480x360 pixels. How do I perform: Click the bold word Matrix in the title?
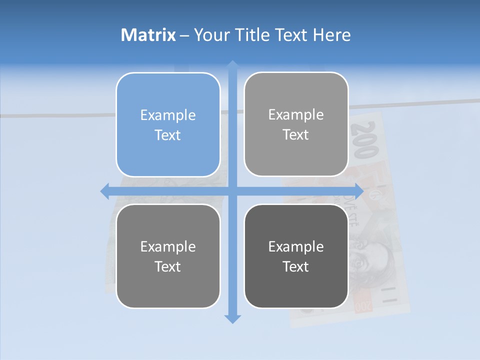pyautogui.click(x=148, y=35)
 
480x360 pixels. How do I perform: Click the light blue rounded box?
pyautogui.click(x=168, y=124)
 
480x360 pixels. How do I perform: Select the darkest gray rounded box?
pyautogui.click(x=296, y=256)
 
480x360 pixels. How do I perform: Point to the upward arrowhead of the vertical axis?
pyautogui.click(x=232, y=65)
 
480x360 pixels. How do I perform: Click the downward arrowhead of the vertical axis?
pyautogui.click(x=232, y=318)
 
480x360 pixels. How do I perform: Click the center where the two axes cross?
pyautogui.click(x=232, y=191)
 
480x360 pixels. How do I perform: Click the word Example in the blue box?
pyautogui.click(x=168, y=115)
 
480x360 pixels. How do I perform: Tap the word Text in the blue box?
pyautogui.click(x=168, y=135)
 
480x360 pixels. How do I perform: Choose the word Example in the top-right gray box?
pyautogui.click(x=296, y=115)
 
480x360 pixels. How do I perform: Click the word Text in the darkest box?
pyautogui.click(x=296, y=266)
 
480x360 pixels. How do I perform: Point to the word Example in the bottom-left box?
pyautogui.click(x=168, y=246)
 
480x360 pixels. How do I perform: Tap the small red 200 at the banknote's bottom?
pyautogui.click(x=363, y=304)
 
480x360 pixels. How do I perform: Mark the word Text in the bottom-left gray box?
pyautogui.click(x=168, y=266)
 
